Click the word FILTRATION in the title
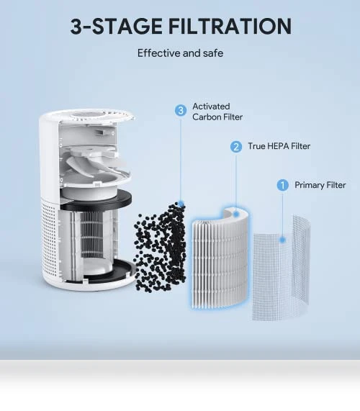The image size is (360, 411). point(230,26)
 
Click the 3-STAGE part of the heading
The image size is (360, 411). point(116,26)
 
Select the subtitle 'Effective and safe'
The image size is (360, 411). point(181,53)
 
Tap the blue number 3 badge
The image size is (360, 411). point(181,110)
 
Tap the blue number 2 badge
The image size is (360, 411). point(236,147)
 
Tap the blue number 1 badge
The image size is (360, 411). point(283,185)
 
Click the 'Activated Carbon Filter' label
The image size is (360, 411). point(217,112)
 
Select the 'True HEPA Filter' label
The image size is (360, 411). point(279,146)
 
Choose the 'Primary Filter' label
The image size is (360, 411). point(320,185)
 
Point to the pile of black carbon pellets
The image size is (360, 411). point(160,247)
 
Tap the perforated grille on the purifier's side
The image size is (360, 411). point(49,238)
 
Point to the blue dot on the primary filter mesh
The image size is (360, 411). point(282,240)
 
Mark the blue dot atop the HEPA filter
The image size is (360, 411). point(236,214)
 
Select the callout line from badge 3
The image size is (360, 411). point(181,159)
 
